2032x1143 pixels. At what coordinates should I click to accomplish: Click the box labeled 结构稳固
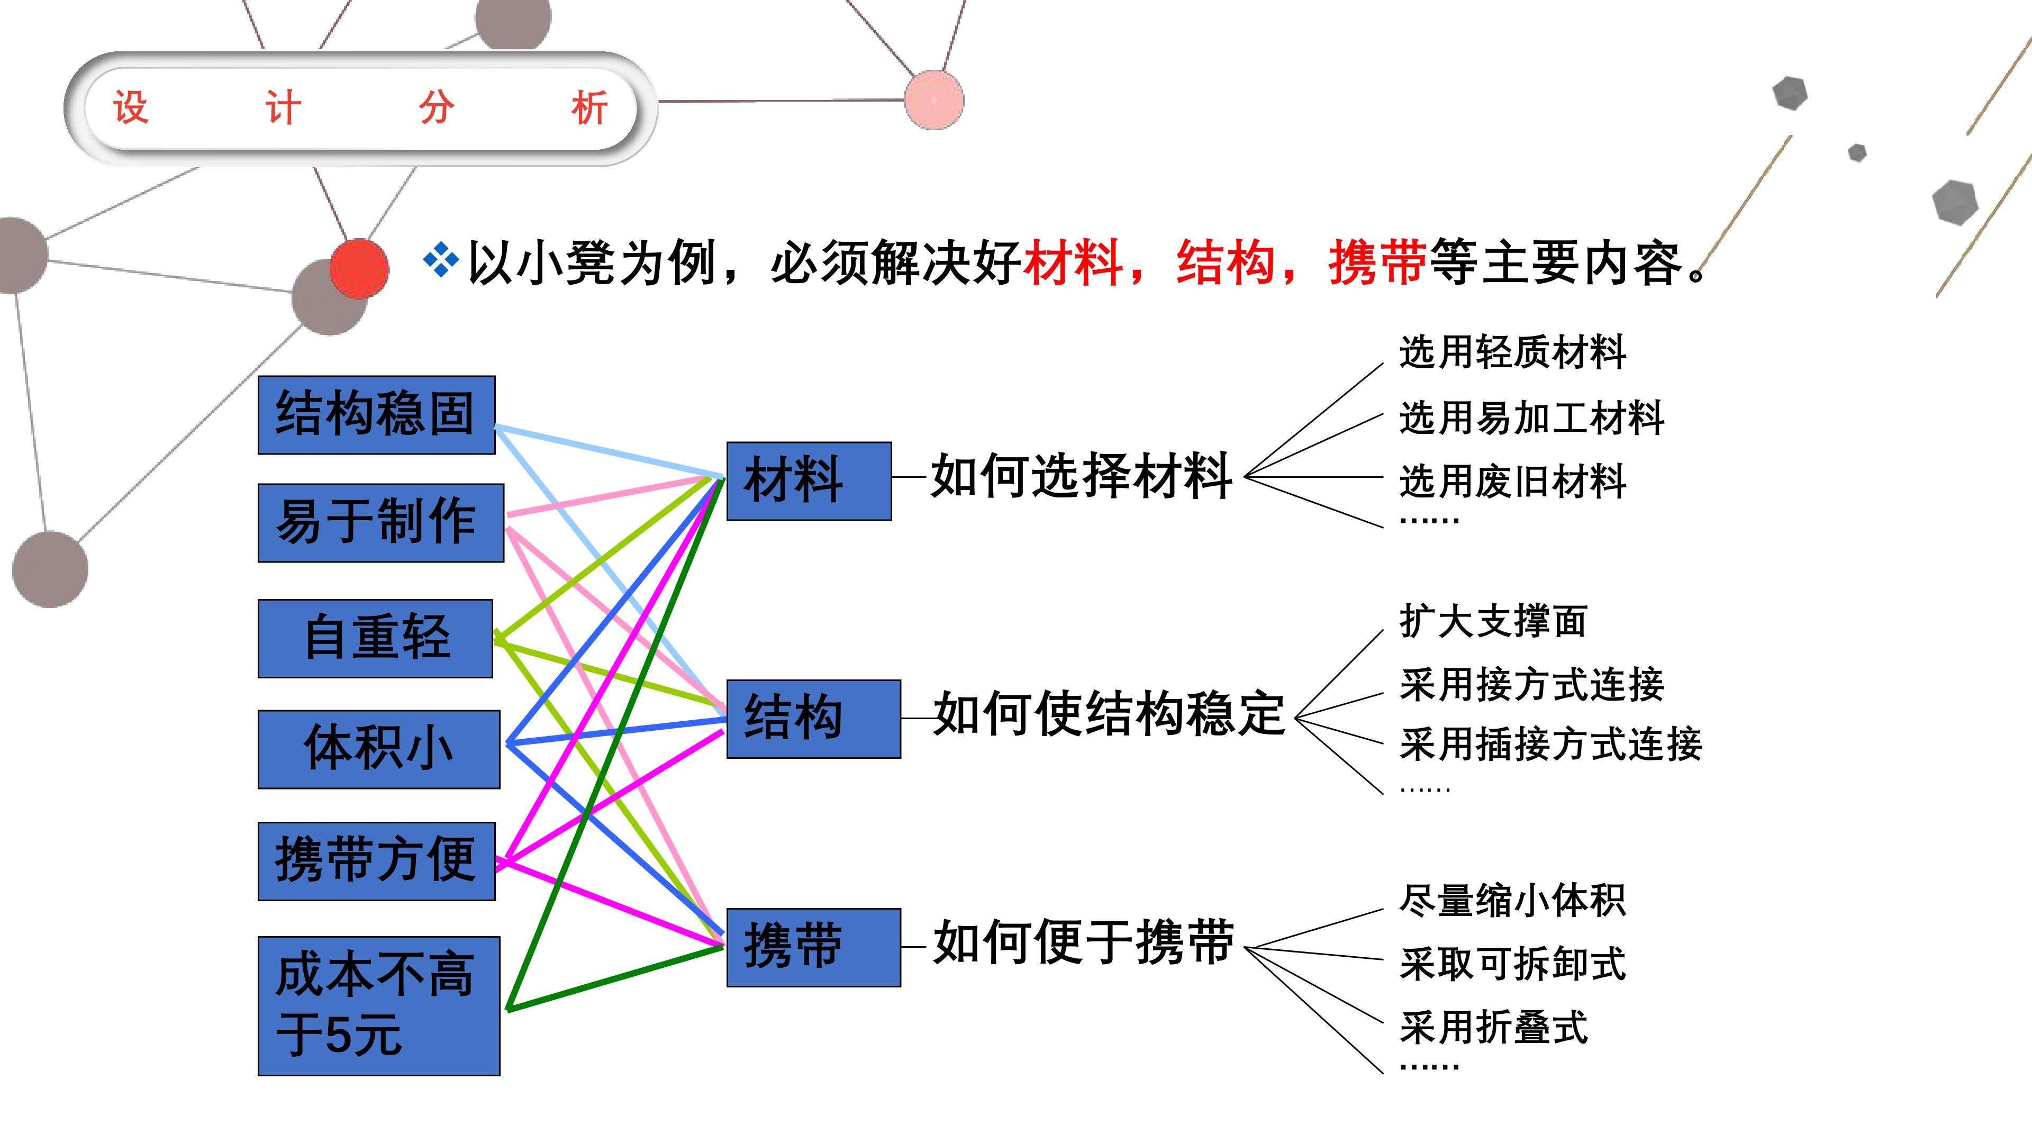pos(376,415)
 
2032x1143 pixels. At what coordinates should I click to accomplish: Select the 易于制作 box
pos(381,523)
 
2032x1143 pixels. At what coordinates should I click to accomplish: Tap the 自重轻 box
pos(376,638)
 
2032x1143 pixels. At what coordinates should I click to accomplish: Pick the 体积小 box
pos(379,749)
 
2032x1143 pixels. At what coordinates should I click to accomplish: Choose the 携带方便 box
pos(376,860)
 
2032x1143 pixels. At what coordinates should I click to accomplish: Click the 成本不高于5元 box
pos(379,1006)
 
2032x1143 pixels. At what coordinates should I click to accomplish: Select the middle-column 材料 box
pos(809,481)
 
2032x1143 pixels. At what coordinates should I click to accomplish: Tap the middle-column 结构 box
pos(813,719)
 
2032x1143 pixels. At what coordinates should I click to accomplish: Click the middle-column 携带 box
pos(813,947)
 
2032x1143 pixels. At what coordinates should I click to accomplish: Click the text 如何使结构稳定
pos(1109,714)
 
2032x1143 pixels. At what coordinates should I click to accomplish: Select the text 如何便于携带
pos(1083,942)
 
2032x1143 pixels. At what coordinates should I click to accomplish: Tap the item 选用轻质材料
pos(1513,352)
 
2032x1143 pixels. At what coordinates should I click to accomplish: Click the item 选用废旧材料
pos(1513,481)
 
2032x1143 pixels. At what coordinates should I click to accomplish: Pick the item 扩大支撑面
pos(1493,621)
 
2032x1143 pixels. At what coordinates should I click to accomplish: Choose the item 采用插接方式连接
pos(1551,745)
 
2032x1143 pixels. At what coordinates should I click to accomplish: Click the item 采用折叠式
pos(1493,1027)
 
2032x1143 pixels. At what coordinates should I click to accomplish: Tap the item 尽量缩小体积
pos(1513,900)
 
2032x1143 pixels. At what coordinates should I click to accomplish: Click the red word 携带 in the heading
pos(1378,262)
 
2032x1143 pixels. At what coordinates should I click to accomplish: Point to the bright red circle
pos(359,269)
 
